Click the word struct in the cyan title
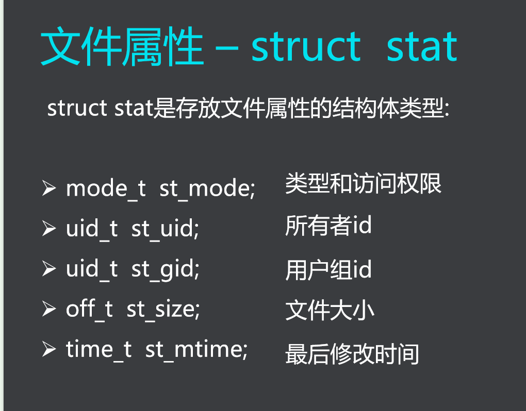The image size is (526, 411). [306, 47]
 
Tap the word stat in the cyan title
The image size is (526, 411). [422, 47]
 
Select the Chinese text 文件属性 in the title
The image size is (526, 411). [122, 48]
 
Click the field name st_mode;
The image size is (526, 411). [207, 189]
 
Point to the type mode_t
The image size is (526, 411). [106, 189]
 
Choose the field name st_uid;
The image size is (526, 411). [165, 229]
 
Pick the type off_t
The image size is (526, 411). [89, 309]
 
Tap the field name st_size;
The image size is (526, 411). [163, 309]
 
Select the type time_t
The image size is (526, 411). [98, 350]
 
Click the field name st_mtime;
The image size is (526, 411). [196, 350]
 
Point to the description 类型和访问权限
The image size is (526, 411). [364, 184]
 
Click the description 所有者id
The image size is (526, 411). [328, 226]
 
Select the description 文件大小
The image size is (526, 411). [330, 311]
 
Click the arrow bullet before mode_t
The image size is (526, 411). [49, 189]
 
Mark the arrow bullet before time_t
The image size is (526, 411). [49, 350]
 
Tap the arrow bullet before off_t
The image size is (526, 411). [49, 309]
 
